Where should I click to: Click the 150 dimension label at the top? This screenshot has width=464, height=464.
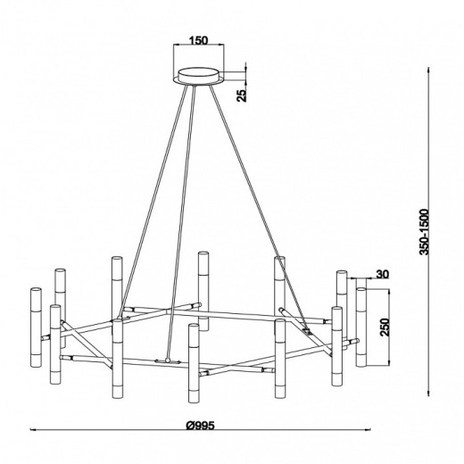[x=199, y=40]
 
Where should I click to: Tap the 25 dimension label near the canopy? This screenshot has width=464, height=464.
[x=242, y=95]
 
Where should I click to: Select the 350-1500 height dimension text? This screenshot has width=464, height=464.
[x=424, y=232]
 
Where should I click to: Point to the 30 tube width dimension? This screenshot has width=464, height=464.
[x=383, y=274]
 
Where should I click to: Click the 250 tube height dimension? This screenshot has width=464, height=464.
[x=385, y=327]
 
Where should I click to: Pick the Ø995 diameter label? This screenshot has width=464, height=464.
[x=200, y=426]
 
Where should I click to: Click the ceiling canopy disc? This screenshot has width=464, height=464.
[x=198, y=77]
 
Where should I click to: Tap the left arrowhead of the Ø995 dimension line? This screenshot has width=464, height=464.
[x=32, y=429]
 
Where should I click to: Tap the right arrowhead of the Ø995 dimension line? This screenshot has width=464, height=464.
[x=369, y=429]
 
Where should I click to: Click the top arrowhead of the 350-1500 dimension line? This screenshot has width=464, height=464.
[x=428, y=70]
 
